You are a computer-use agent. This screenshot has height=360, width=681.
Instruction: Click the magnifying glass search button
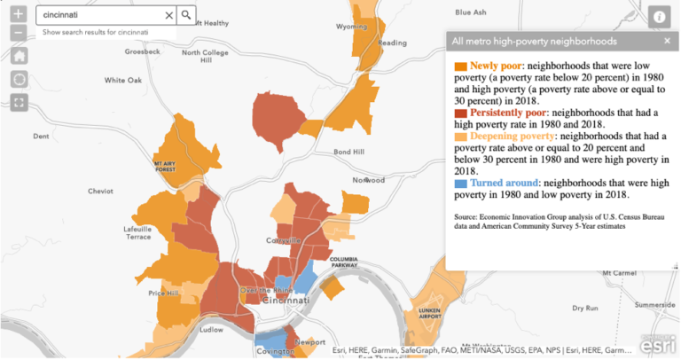point(186,15)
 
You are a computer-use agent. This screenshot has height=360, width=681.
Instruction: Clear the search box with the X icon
point(169,15)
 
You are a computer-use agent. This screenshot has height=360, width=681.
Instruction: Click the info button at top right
point(659,15)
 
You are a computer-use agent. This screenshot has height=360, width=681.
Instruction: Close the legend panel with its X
point(667,41)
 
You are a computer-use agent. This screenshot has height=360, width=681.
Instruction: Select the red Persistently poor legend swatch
point(460,114)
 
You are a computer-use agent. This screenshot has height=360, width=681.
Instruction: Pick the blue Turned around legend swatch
point(460,184)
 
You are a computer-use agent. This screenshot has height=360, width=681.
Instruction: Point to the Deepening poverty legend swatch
point(460,137)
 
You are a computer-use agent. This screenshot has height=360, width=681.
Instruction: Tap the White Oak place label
point(122,80)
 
